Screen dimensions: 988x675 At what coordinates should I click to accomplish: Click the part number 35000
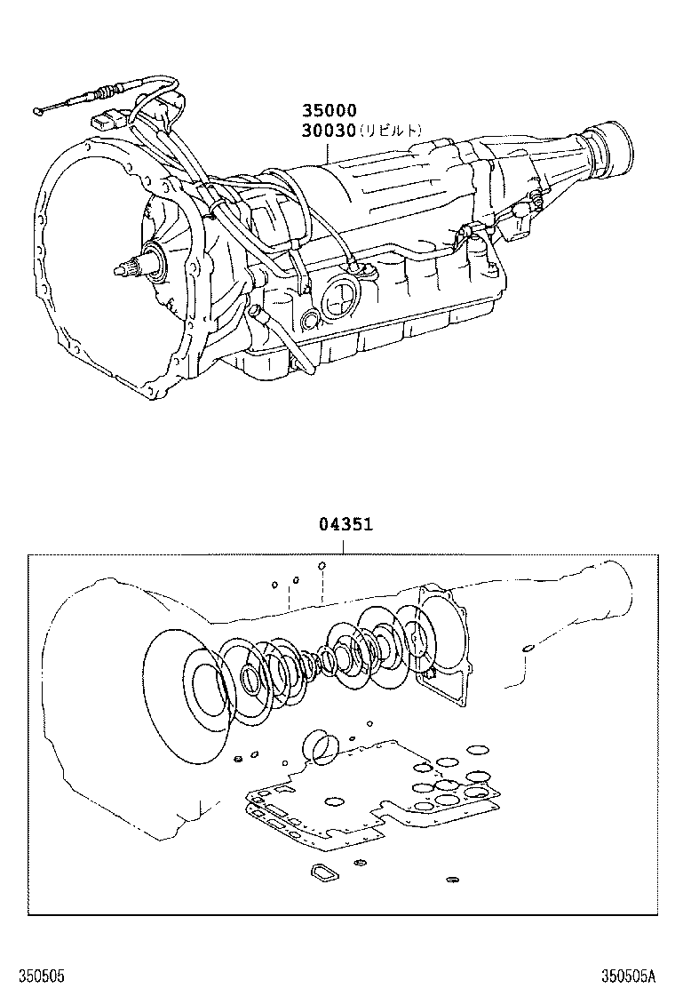pos(330,111)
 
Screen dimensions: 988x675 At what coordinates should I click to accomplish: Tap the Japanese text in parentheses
pos(391,131)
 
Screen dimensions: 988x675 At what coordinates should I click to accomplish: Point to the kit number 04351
pos(346,524)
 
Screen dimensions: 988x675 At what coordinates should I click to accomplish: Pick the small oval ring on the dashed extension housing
pos(528,649)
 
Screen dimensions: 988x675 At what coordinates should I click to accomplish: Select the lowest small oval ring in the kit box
pos(451,880)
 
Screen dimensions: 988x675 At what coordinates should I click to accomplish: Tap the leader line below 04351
pos(346,544)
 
